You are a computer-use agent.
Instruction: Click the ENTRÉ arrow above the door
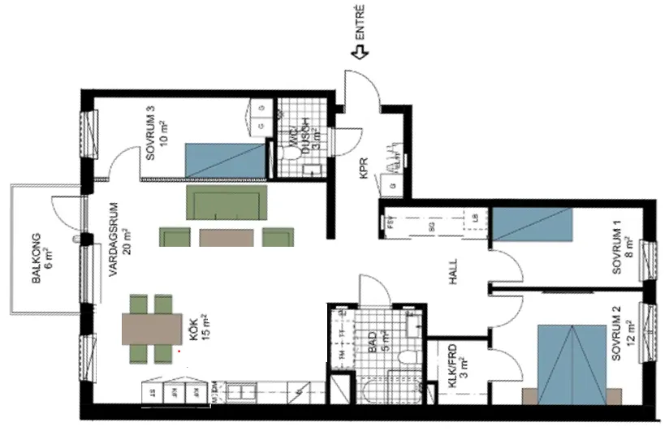tap(359, 52)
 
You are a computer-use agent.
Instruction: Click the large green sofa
tap(227, 203)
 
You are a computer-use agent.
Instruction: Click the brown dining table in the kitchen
tap(153, 329)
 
